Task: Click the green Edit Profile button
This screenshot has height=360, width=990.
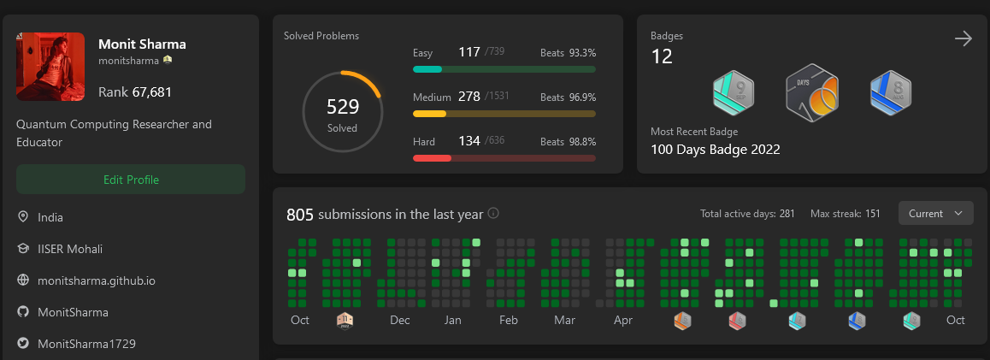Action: pyautogui.click(x=131, y=180)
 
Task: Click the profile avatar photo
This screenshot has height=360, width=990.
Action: pyautogui.click(x=50, y=67)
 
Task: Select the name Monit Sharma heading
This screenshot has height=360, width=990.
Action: pyautogui.click(x=142, y=44)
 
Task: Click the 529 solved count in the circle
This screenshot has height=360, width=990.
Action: pyautogui.click(x=343, y=107)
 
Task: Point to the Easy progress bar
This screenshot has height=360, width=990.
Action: pyautogui.click(x=504, y=69)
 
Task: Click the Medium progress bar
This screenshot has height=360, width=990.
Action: pyautogui.click(x=504, y=114)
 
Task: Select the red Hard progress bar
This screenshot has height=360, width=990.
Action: pyautogui.click(x=504, y=158)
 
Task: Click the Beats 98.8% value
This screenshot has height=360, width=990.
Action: pyautogui.click(x=579, y=142)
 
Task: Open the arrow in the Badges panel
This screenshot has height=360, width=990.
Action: pyautogui.click(x=963, y=38)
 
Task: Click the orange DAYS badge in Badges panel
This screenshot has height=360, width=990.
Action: pyautogui.click(x=811, y=93)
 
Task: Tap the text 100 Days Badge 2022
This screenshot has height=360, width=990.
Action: pyautogui.click(x=716, y=150)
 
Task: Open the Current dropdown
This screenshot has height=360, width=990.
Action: pyautogui.click(x=935, y=214)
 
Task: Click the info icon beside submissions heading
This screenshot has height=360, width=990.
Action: pyautogui.click(x=493, y=214)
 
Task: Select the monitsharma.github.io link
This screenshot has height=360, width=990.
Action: pyautogui.click(x=97, y=280)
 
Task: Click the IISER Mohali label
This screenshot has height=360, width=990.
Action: pyautogui.click(x=70, y=249)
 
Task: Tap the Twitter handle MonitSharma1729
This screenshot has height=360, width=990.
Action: pyautogui.click(x=86, y=344)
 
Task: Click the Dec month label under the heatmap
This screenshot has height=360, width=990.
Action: pyautogui.click(x=399, y=321)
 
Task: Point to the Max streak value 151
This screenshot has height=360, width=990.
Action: pyautogui.click(x=872, y=214)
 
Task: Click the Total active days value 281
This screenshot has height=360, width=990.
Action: pyautogui.click(x=787, y=214)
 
